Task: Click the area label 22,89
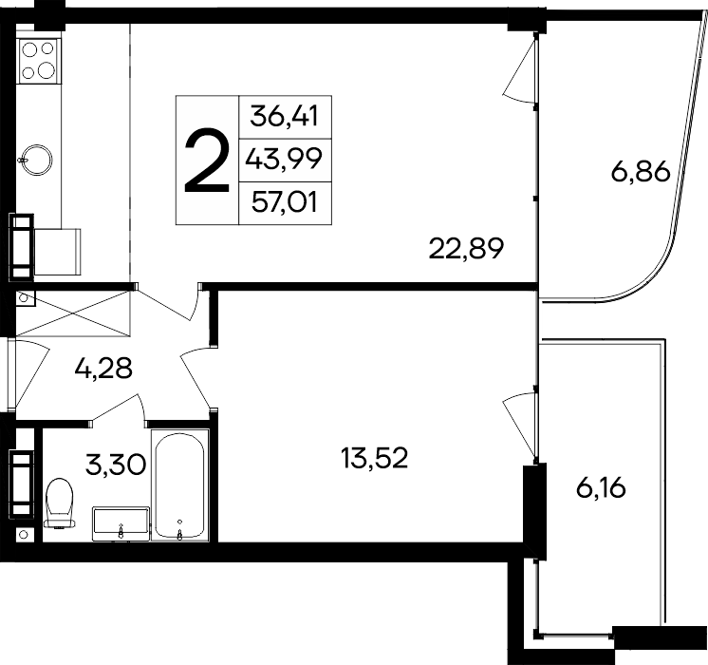tap(465, 250)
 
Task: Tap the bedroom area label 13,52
tap(374, 459)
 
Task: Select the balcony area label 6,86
tap(641, 173)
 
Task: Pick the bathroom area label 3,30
tap(117, 465)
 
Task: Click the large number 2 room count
tap(207, 161)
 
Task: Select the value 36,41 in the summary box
tap(284, 117)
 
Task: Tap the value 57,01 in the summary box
tap(285, 202)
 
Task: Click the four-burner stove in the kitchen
tap(39, 59)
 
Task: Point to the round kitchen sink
tap(39, 157)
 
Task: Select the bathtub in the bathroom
tap(182, 488)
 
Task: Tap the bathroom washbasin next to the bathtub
tap(121, 523)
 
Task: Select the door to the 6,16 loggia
tap(521, 418)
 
